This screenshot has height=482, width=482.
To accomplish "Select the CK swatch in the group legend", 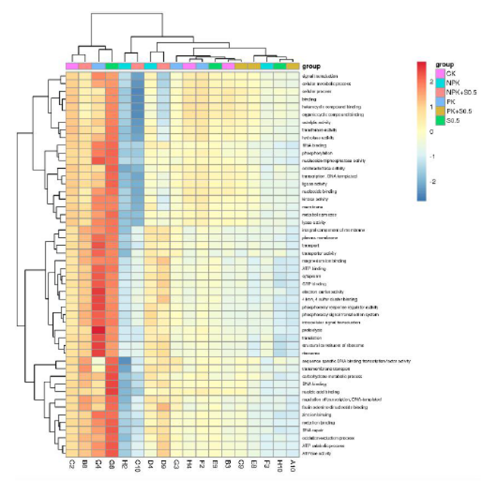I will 440,73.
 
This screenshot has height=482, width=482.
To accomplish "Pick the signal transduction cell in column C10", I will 138,76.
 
